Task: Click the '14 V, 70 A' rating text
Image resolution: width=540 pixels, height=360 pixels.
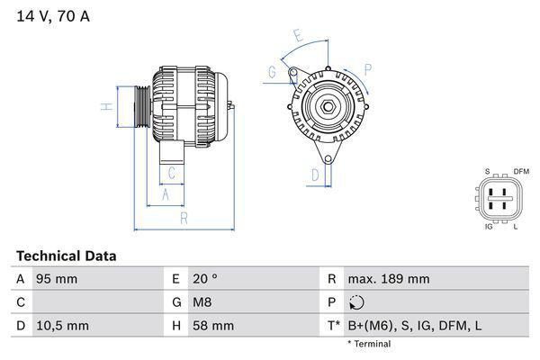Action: [53, 16]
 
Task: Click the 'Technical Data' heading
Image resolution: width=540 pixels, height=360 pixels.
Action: [66, 256]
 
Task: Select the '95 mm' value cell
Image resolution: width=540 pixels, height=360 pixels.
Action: [56, 279]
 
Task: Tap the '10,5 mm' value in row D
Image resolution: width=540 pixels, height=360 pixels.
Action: [61, 325]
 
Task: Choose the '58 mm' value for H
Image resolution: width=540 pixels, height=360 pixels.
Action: [211, 325]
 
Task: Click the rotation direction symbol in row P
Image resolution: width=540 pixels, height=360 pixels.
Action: [358, 302]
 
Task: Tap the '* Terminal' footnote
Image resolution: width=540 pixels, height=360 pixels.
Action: [369, 344]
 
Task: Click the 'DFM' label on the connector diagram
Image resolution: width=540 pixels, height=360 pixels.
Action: [521, 172]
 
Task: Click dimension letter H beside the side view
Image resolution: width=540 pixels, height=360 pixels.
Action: [105, 107]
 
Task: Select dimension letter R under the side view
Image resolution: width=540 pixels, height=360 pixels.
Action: [183, 218]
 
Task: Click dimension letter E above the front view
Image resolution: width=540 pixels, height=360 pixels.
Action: [297, 35]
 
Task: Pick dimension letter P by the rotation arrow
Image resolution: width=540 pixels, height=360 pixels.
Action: [368, 68]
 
